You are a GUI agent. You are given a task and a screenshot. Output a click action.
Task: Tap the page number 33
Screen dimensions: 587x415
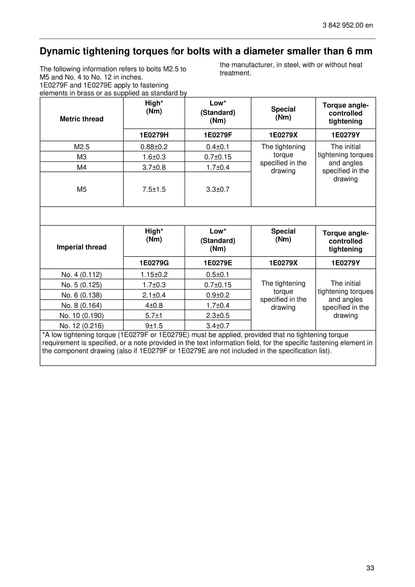[370, 568]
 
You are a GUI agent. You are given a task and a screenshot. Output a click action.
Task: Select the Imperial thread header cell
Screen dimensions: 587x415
[82, 247]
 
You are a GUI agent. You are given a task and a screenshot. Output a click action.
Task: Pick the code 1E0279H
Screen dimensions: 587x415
[154, 135]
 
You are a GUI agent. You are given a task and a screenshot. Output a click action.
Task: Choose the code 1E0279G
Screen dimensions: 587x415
[154, 263]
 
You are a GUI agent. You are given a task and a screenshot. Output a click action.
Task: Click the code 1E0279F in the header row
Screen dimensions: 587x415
[218, 135]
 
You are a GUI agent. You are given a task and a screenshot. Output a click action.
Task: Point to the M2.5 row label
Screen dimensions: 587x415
[82, 147]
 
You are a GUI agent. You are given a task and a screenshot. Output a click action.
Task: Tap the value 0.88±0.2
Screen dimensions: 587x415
[154, 147]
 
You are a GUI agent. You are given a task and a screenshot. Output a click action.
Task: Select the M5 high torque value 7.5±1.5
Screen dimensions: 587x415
[154, 189]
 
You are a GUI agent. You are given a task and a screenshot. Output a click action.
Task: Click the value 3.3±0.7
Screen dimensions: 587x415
[218, 189]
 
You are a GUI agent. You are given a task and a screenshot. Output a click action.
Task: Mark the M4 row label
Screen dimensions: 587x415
[82, 167]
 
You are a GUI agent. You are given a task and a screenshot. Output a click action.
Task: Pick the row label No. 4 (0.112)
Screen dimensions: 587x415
[82, 275]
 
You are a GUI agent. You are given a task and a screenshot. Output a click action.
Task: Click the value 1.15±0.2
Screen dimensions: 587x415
[154, 275]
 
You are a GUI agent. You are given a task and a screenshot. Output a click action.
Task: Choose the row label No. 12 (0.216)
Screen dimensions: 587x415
[82, 326]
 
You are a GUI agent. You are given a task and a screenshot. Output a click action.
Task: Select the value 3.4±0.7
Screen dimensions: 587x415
[218, 326]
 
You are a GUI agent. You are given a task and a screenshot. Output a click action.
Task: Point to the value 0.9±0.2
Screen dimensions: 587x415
[218, 295]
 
